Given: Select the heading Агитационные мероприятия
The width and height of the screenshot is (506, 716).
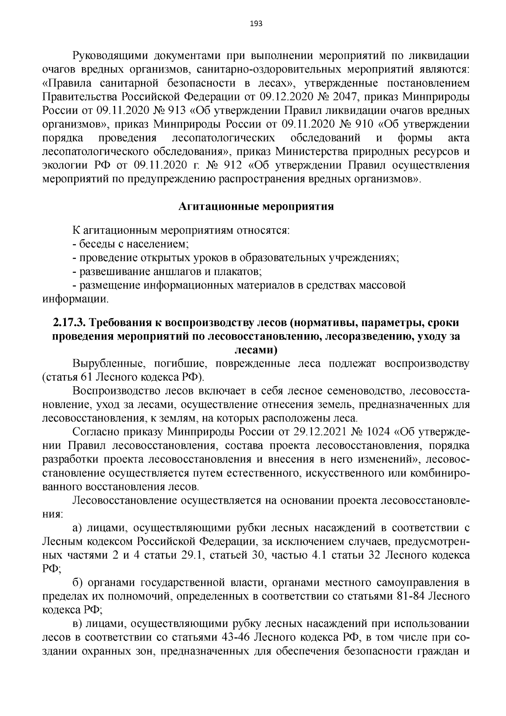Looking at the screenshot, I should coord(256,207).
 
